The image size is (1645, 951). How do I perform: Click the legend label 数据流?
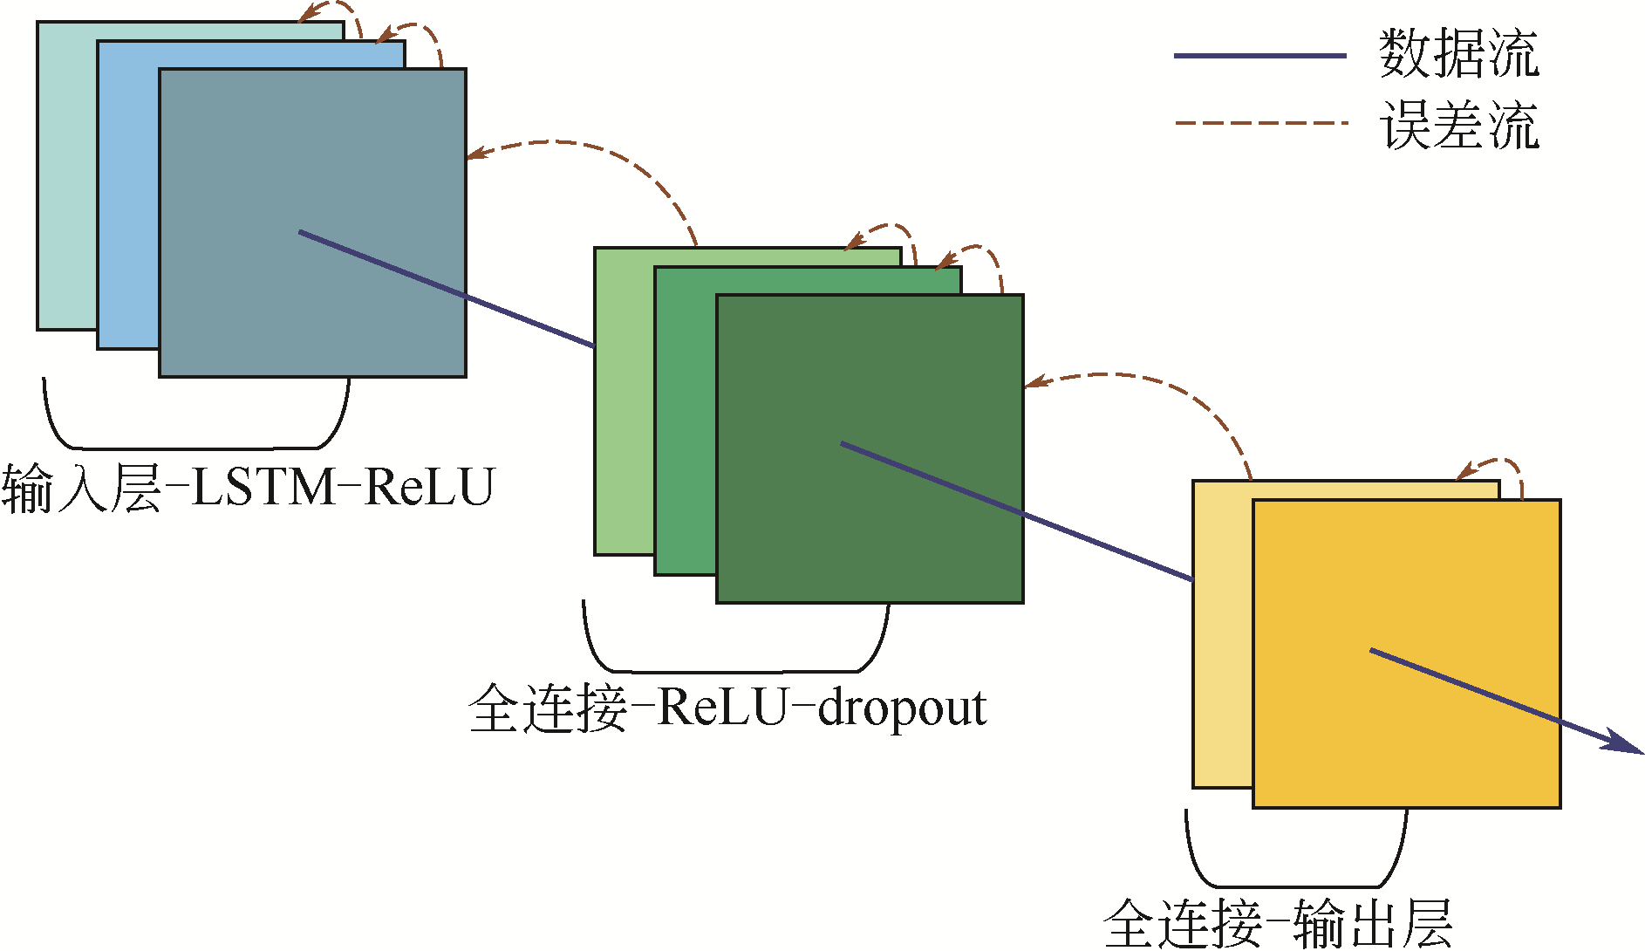click(1458, 54)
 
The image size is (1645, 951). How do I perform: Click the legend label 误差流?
click(1458, 125)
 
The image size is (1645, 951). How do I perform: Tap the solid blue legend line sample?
click(1259, 56)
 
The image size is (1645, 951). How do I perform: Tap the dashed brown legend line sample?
click(1259, 123)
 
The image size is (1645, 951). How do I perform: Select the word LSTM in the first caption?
click(263, 487)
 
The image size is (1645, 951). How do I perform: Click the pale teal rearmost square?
click(66, 174)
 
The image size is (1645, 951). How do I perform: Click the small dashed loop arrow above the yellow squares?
click(1496, 462)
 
